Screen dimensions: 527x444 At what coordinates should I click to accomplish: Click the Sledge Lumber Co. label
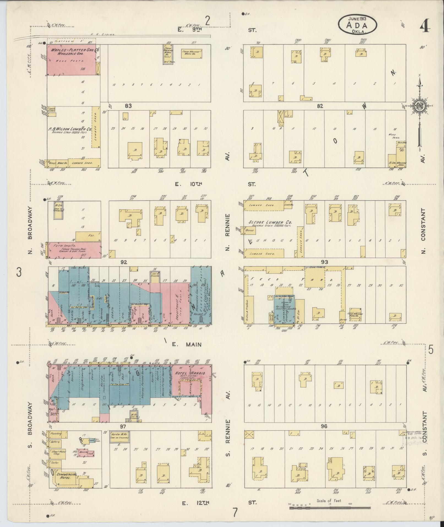pos(270,222)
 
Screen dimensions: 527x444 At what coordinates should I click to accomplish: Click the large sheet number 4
pos(425,27)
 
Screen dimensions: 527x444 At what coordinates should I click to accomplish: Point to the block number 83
pos(128,106)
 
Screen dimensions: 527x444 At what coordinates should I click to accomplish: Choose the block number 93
pos(325,262)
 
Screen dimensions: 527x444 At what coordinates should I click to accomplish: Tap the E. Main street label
pos(187,344)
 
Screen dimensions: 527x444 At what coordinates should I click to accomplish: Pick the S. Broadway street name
pos(30,419)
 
